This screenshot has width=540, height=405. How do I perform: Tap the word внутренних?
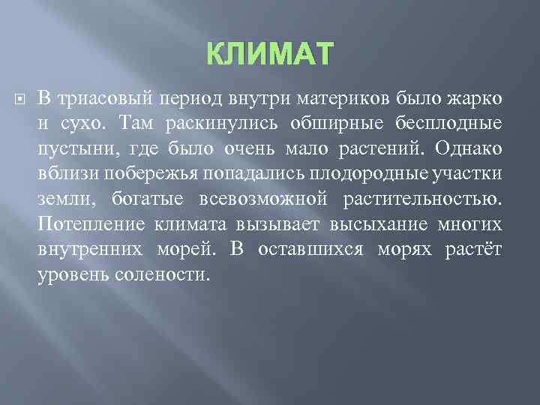(91, 250)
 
